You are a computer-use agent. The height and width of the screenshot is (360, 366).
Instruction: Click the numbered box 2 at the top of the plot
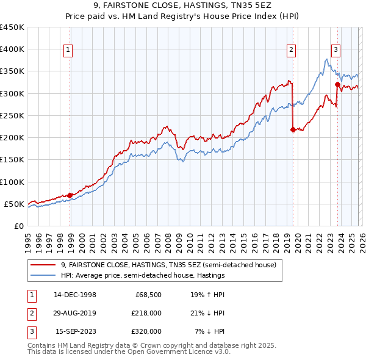(x=292, y=50)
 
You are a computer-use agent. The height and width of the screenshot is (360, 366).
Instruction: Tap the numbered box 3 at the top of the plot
(x=335, y=50)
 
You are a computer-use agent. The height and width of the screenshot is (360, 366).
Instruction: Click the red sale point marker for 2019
(x=293, y=129)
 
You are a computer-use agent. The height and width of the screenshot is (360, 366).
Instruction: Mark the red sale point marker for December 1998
(x=70, y=195)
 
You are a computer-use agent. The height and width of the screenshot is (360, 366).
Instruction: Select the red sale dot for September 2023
(x=337, y=84)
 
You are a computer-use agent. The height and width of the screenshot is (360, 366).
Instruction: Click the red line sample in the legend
(x=43, y=265)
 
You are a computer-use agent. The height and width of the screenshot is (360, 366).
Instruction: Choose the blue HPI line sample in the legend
(x=43, y=275)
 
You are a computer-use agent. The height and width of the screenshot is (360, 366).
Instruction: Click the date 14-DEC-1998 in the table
(x=75, y=295)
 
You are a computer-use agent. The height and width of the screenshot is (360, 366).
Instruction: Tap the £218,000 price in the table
(x=147, y=313)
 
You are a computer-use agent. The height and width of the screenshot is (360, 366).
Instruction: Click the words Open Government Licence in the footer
(x=173, y=352)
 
